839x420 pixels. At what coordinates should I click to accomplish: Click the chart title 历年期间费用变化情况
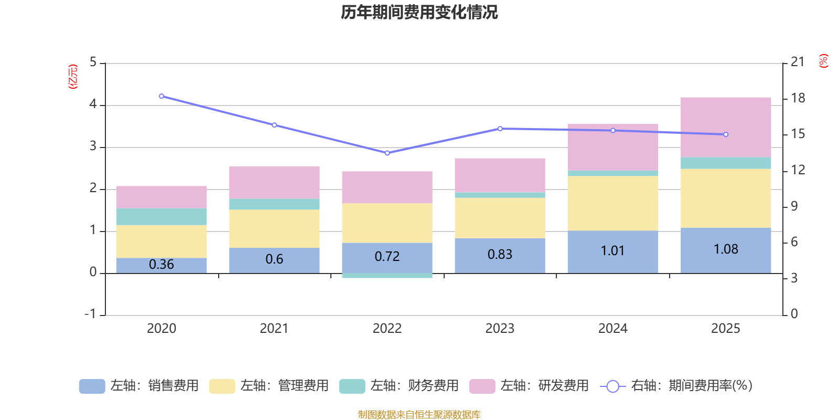pyautogui.click(x=419, y=12)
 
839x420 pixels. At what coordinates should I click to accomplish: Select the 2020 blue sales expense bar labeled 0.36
pyautogui.click(x=162, y=265)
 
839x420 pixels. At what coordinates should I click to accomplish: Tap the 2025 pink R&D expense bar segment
pyautogui.click(x=726, y=127)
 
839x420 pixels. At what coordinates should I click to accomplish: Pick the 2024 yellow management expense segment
pyautogui.click(x=612, y=203)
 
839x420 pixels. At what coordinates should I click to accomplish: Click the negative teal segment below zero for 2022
pyautogui.click(x=387, y=276)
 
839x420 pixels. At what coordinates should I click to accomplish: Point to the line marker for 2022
pyautogui.click(x=387, y=153)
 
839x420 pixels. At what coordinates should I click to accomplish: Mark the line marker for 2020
pyautogui.click(x=162, y=96)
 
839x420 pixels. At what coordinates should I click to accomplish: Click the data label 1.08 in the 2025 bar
pyautogui.click(x=726, y=249)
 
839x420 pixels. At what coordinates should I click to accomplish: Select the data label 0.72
pyautogui.click(x=387, y=257)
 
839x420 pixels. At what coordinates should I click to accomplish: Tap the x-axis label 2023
pyautogui.click(x=500, y=329)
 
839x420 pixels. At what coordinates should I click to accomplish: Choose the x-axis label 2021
pyautogui.click(x=274, y=329)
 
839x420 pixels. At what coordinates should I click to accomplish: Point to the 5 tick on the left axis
pyautogui.click(x=93, y=62)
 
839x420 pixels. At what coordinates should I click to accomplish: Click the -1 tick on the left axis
pyautogui.click(x=91, y=314)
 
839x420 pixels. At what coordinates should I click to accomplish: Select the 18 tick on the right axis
pyautogui.click(x=798, y=98)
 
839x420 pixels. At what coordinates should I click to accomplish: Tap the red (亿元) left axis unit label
pyautogui.click(x=73, y=77)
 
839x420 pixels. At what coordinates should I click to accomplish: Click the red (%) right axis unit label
pyautogui.click(x=823, y=61)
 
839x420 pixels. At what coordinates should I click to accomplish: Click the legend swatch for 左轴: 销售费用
pyautogui.click(x=92, y=386)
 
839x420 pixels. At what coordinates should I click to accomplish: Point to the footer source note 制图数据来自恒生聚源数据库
pyautogui.click(x=419, y=415)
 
